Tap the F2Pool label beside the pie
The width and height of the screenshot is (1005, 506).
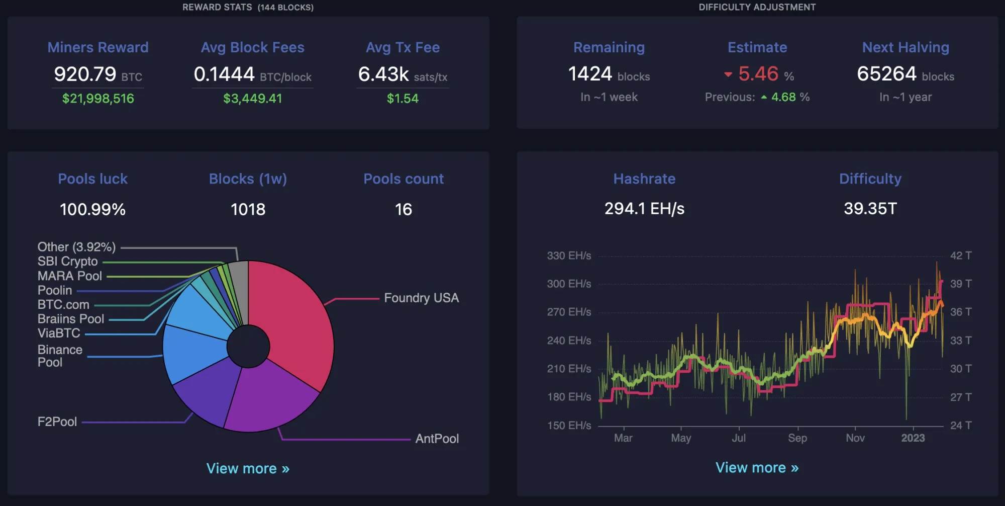[57, 421]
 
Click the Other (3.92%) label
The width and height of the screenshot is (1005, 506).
[76, 247]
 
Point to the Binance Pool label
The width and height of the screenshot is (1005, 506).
[60, 356]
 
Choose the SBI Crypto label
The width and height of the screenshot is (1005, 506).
[67, 262]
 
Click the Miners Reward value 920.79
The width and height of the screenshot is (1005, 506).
[85, 74]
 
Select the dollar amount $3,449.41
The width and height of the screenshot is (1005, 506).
[253, 98]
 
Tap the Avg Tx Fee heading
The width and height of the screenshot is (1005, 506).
[403, 47]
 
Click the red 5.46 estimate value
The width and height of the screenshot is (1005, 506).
[758, 74]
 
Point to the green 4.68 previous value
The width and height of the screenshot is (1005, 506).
[784, 97]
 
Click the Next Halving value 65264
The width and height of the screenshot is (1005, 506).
[886, 74]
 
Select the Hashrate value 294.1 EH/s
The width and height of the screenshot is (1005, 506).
[644, 209]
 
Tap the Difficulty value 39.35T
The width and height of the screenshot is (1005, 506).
[870, 209]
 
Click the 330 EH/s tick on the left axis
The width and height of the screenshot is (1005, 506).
[569, 256]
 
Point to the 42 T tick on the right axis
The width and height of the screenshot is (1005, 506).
[961, 256]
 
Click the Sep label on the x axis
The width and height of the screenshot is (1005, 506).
[797, 438]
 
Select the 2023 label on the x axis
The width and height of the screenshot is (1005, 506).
[913, 438]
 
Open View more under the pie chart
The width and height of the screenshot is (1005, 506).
[248, 468]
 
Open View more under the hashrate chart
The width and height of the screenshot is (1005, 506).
[757, 467]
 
